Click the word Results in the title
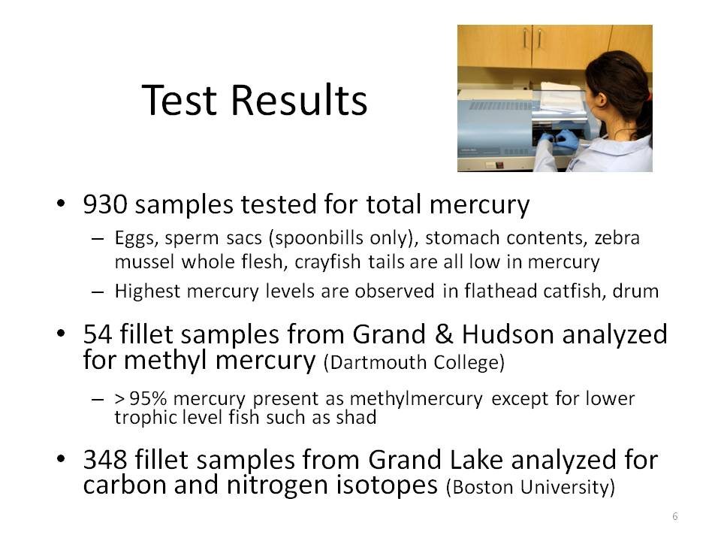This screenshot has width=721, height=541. [x=299, y=100]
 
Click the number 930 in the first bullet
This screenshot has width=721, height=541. [x=105, y=204]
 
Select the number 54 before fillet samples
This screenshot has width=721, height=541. [x=98, y=334]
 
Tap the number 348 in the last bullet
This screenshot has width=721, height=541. [x=105, y=460]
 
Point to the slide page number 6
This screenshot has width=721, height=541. [x=674, y=516]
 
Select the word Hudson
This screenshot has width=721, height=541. [x=508, y=334]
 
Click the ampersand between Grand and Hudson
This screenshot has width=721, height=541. [x=444, y=334]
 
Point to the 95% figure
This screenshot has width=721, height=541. [x=148, y=398]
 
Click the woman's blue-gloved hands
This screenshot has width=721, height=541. [x=560, y=139]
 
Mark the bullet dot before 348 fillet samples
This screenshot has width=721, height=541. [x=61, y=458]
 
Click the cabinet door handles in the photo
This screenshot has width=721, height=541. [x=532, y=38]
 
